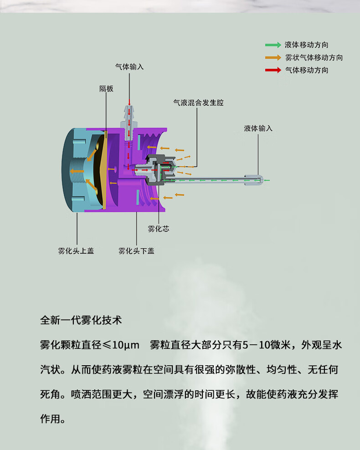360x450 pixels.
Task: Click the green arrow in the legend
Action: coord(273,45)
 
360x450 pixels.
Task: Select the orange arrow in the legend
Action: coord(273,58)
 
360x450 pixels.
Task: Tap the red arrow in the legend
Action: coord(273,70)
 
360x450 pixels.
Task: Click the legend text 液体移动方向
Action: coord(306,45)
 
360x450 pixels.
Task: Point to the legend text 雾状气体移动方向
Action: coord(314,58)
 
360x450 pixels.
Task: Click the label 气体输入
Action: coord(129,66)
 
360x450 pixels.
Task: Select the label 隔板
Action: coord(106,88)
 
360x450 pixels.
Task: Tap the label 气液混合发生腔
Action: coord(198,102)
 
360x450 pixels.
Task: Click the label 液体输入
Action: coord(258,128)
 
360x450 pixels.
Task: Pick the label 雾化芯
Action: coord(158,229)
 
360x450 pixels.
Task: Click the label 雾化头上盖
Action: coord(76,251)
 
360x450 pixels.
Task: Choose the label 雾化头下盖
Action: coord(136,251)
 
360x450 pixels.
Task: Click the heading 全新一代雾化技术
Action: coord(81,320)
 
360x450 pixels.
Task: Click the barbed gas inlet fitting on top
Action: coord(129,116)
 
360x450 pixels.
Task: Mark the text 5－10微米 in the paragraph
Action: coord(267,345)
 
